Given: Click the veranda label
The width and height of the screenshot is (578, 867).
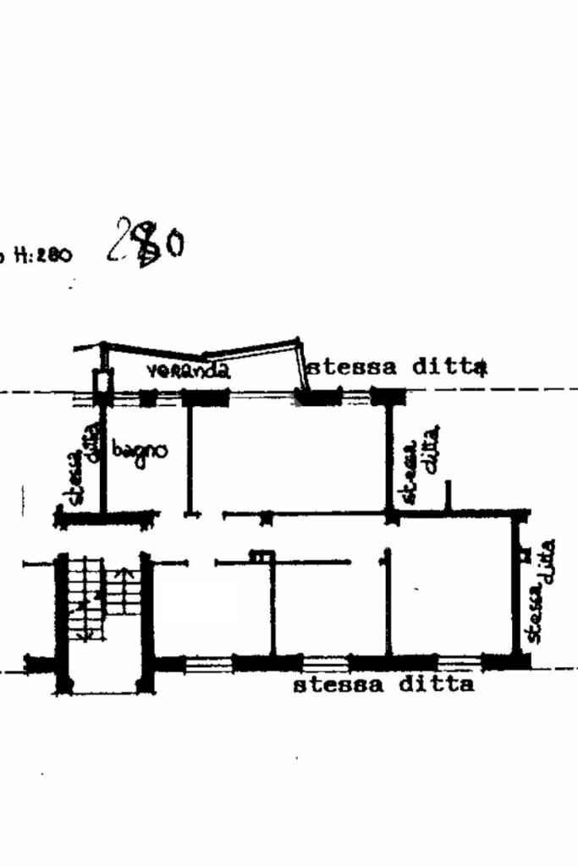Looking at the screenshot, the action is coord(187,370).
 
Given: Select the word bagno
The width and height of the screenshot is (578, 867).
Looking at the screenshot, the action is coord(139,451).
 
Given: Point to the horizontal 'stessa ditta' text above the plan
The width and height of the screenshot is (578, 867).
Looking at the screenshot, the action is coord(397,367).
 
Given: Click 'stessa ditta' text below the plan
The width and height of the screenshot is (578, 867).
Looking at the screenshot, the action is coord(383,684).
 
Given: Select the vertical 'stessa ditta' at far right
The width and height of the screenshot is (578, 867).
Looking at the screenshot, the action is coord(538,590).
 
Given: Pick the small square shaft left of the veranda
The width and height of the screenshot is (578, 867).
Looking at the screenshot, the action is coord(102,381).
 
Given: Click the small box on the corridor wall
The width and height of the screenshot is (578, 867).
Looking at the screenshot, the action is coord(261,556).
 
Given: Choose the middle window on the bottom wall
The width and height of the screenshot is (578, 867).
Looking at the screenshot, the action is coord(326,664).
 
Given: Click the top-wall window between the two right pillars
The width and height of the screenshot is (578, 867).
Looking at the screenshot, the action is coord(355,396).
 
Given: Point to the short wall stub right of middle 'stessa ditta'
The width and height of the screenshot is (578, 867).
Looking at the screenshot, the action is coord(449,496).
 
